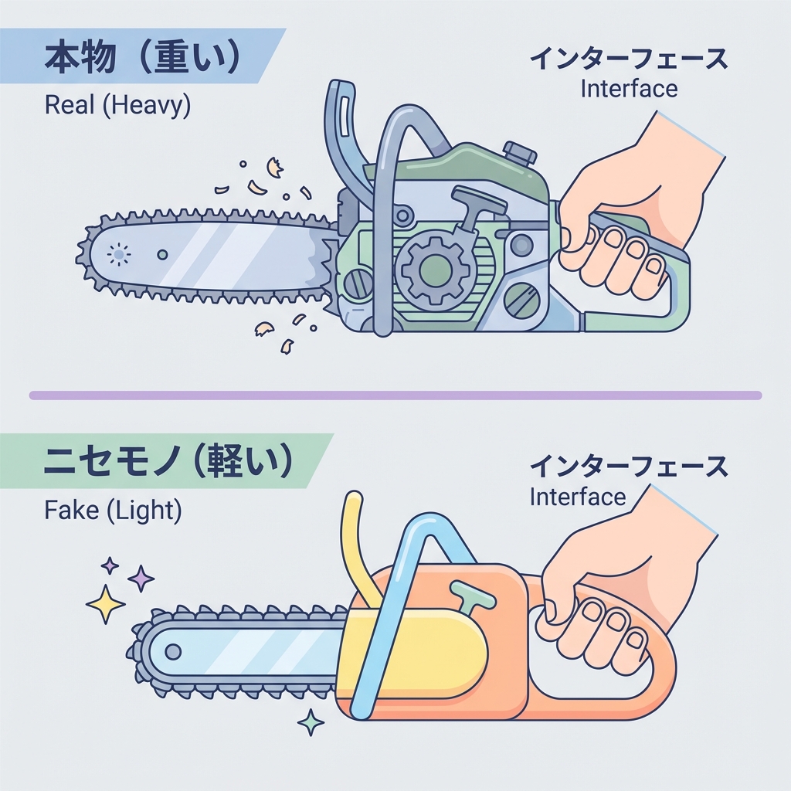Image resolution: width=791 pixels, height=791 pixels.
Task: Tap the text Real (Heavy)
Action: pyautogui.click(x=117, y=105)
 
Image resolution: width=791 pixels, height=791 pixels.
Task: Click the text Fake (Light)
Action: pyautogui.click(x=113, y=510)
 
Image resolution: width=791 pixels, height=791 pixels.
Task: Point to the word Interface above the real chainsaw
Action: pyautogui.click(x=628, y=88)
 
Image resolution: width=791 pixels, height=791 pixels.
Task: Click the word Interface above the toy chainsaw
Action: pyautogui.click(x=578, y=496)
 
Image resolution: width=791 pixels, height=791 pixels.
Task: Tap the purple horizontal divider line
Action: pyautogui.click(x=395, y=395)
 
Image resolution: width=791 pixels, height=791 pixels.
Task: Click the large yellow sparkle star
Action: pyautogui.click(x=106, y=603)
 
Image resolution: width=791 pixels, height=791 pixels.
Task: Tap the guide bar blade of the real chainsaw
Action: pyautogui.click(x=209, y=255)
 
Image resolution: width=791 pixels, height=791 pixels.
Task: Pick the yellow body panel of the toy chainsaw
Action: pyautogui.click(x=417, y=649)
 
